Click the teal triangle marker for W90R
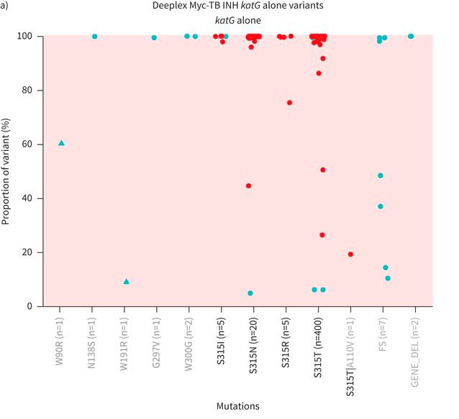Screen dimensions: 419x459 (x=61, y=143)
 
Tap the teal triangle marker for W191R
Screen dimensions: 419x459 (x=127, y=281)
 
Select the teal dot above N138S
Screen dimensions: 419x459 (x=95, y=36)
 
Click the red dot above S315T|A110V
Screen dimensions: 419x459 (x=350, y=254)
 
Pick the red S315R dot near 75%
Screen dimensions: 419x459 (x=289, y=102)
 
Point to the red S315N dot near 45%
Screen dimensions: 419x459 (x=248, y=185)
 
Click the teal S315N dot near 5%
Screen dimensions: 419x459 (x=250, y=293)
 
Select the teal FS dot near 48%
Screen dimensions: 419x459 (x=381, y=175)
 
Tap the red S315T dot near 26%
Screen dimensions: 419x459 (x=322, y=235)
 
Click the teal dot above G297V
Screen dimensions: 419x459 (x=154, y=37)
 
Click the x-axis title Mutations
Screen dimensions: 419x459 (x=237, y=405)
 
